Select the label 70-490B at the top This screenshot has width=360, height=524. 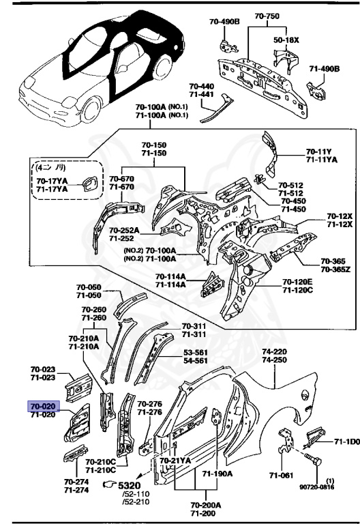(x=224, y=21)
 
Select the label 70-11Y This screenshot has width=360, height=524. (x=318, y=151)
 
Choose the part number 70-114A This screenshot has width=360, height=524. (x=170, y=276)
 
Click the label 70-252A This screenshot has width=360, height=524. (x=125, y=231)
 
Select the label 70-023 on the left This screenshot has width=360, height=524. (x=42, y=370)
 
